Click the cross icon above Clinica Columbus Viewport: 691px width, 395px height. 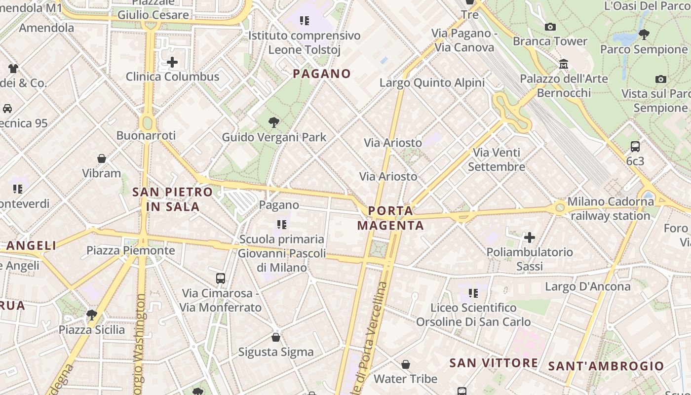(172, 62)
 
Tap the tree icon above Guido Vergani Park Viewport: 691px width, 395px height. (274, 122)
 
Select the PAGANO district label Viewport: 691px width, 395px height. (322, 74)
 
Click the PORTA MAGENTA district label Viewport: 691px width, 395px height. (390, 218)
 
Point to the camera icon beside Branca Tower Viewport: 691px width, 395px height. (550, 27)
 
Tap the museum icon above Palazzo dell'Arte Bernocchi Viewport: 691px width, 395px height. (563, 64)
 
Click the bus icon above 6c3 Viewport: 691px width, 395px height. (635, 146)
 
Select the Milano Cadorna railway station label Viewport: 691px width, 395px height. (610, 208)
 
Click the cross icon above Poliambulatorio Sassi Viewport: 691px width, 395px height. (530, 237)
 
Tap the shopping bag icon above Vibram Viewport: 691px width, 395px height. (102, 158)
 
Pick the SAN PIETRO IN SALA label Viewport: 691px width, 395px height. (173, 199)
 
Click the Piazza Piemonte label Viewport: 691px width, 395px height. (131, 250)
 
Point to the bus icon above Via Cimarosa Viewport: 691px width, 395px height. (221, 278)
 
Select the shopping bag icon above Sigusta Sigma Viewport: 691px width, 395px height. (276, 337)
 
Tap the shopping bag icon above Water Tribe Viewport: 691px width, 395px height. (405, 364)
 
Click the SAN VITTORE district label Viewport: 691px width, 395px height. (494, 363)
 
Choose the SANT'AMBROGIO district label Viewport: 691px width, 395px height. (606, 366)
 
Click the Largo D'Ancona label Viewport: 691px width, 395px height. (581, 286)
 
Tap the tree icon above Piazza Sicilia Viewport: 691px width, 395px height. (91, 315)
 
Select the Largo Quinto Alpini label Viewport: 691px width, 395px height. (432, 82)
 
